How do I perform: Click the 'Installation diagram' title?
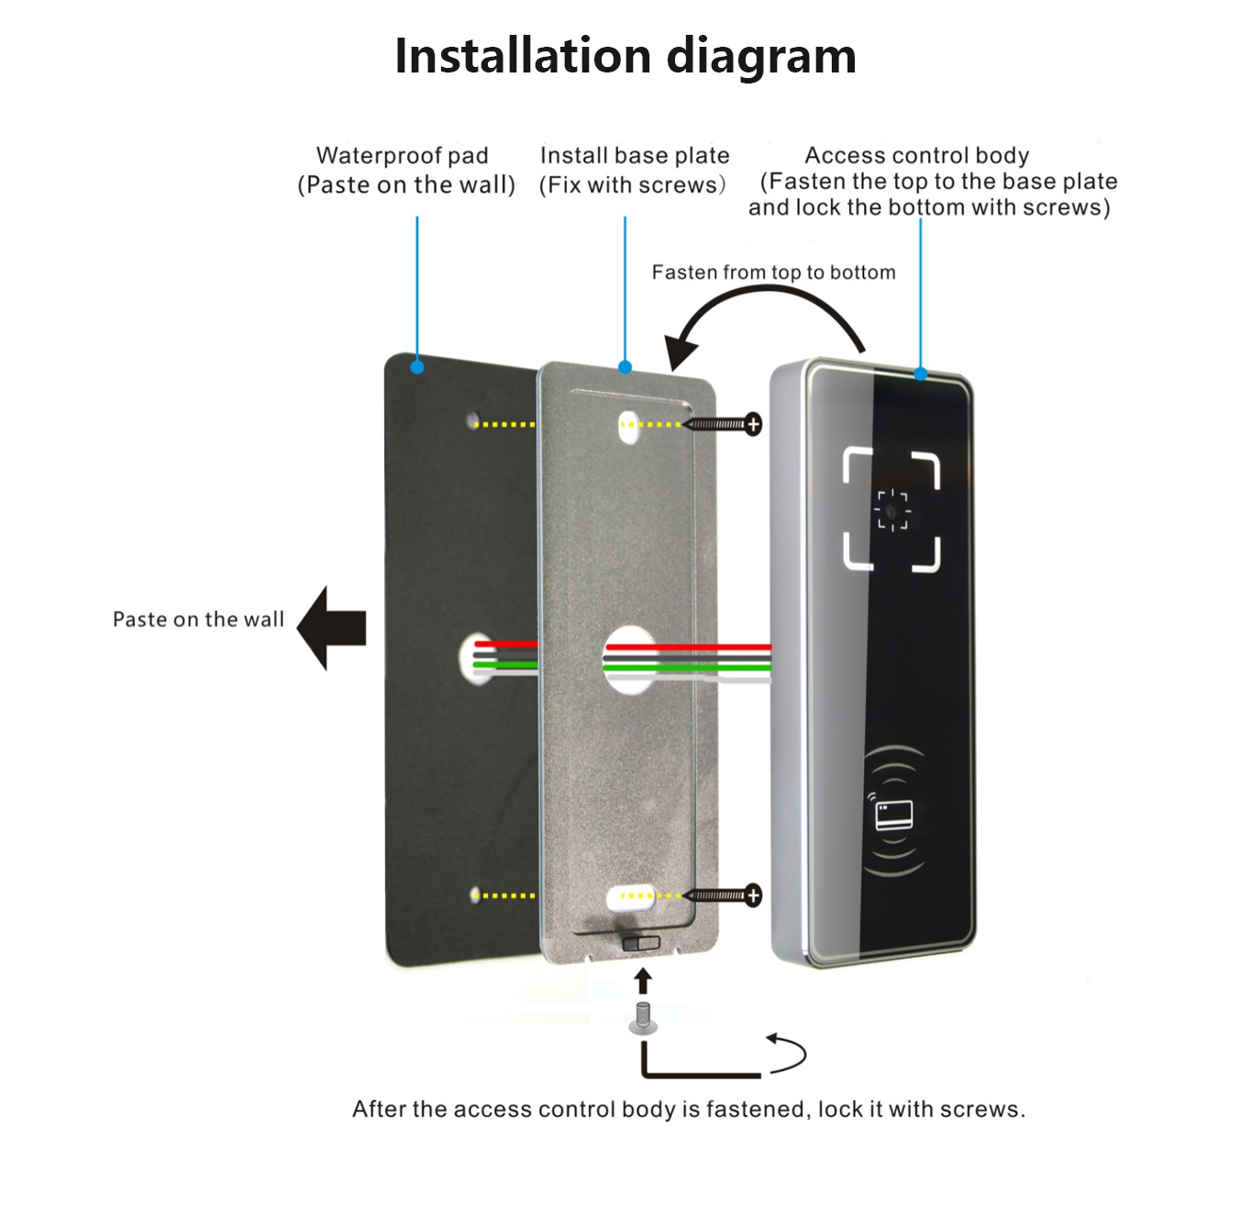click(625, 56)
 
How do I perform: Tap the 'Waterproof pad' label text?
click(402, 155)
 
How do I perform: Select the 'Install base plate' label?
click(635, 155)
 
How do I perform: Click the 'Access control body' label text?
click(916, 155)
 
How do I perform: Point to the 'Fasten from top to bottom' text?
click(773, 273)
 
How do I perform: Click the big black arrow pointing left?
click(331, 628)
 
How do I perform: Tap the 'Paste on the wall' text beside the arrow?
click(198, 619)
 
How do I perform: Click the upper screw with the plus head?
click(725, 424)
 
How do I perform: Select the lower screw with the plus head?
click(725, 895)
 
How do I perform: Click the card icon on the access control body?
click(893, 815)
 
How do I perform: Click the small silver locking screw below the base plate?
click(643, 1018)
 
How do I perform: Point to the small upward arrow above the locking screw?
click(643, 980)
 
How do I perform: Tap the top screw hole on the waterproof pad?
click(473, 421)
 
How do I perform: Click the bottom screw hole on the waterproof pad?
click(474, 895)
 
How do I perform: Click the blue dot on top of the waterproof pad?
click(417, 367)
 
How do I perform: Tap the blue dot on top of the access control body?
click(920, 373)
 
